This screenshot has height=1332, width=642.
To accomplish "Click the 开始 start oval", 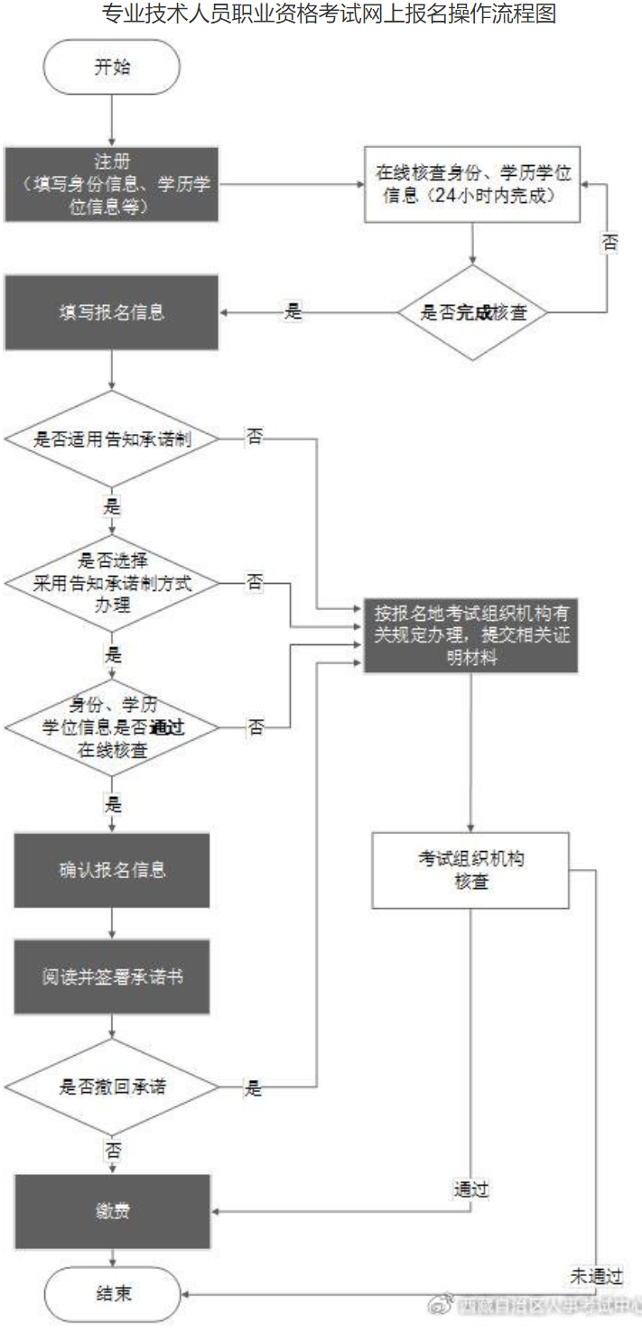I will [x=112, y=66].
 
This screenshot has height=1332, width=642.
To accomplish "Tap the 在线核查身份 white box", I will [x=470, y=184].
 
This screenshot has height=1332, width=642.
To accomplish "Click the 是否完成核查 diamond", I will [x=473, y=313].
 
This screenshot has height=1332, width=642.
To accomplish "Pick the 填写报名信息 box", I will [x=111, y=313].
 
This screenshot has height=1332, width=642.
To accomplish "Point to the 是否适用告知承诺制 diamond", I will [x=111, y=439].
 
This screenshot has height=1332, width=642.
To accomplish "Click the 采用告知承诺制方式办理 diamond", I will [x=111, y=582].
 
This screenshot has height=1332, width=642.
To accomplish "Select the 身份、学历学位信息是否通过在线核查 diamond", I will [x=111, y=726].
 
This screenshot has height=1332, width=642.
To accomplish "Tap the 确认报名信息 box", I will [x=111, y=870].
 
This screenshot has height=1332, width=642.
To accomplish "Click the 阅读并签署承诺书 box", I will [x=111, y=977].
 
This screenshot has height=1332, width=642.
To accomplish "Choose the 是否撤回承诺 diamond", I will [x=111, y=1087].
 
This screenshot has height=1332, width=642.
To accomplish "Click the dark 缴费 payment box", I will [x=111, y=1211].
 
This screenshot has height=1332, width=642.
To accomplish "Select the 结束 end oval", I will [x=112, y=1293].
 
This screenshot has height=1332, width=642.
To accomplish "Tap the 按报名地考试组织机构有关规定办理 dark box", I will [x=470, y=635].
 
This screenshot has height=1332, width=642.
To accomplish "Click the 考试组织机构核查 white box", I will [x=470, y=870].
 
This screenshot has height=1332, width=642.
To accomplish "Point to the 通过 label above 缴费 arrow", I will [x=470, y=1189].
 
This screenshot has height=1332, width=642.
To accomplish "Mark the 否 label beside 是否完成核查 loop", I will [x=610, y=243].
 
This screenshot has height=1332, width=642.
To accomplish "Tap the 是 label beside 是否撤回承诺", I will [x=253, y=1088].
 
